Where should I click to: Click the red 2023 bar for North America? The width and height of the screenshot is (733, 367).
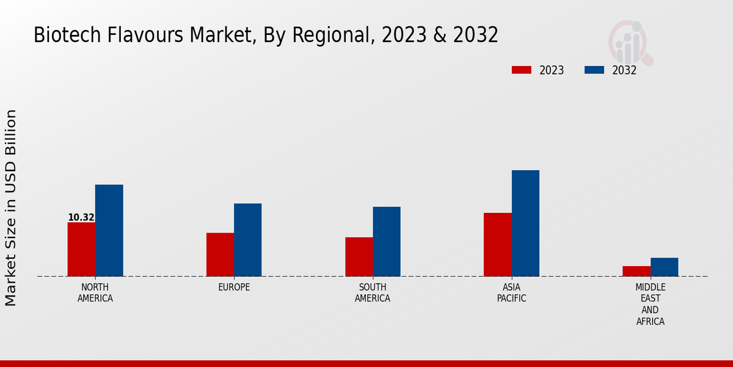coord(81,249)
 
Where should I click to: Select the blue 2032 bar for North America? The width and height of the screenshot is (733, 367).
coord(109,230)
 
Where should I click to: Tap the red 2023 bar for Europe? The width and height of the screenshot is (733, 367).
coord(220,254)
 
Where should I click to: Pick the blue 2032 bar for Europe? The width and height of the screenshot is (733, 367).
coord(247,240)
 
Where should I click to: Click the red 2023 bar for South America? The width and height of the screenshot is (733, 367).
coord(359,256)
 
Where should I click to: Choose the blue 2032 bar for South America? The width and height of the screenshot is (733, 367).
coord(387,241)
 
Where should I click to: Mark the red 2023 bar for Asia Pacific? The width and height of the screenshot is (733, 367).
coord(497,244)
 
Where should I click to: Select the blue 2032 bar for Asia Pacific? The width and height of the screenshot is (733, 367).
coord(525,223)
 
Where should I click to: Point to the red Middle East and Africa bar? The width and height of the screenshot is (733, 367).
coord(636,271)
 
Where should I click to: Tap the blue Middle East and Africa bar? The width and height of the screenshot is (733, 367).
coord(664,267)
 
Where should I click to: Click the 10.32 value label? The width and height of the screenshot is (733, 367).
coord(81,217)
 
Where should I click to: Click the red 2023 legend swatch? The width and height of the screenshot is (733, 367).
coord(521,70)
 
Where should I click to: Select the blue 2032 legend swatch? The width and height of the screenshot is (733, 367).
coord(594,70)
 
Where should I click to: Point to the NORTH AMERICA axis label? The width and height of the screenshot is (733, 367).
coord(95,293)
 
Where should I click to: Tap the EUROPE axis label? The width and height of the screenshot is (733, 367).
coord(234,287)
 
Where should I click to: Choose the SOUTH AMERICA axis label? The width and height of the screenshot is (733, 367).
coord(373,293)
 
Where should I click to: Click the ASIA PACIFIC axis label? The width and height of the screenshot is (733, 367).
coord(511,293)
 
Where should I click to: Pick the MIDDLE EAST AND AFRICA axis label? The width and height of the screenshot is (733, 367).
coord(650,304)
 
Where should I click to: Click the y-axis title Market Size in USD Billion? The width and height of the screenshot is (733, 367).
coord(11,208)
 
